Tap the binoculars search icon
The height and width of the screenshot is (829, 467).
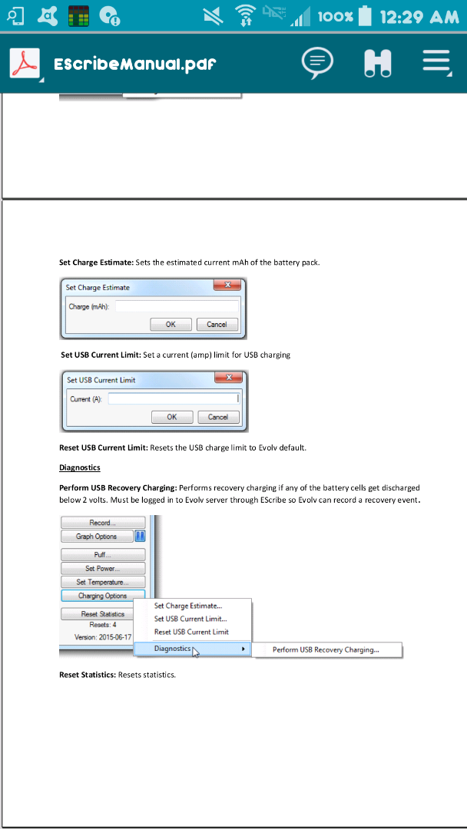377,63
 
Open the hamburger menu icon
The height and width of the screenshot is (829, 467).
436,63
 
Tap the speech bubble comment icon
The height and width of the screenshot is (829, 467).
317,63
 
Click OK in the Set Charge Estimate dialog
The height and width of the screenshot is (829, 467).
171,325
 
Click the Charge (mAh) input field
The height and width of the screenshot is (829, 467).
177,306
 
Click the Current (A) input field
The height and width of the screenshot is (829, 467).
174,399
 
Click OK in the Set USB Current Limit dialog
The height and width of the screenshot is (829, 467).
171,418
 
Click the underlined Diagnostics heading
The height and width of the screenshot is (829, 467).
80,467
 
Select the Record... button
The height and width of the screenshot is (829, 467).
102,523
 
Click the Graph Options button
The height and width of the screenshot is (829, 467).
96,537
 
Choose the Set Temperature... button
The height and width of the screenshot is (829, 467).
102,583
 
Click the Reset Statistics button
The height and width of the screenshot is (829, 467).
102,614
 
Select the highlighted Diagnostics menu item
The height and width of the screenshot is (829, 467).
174,649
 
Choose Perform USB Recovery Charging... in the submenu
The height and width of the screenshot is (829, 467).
326,650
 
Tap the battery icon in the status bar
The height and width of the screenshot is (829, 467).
365,15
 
